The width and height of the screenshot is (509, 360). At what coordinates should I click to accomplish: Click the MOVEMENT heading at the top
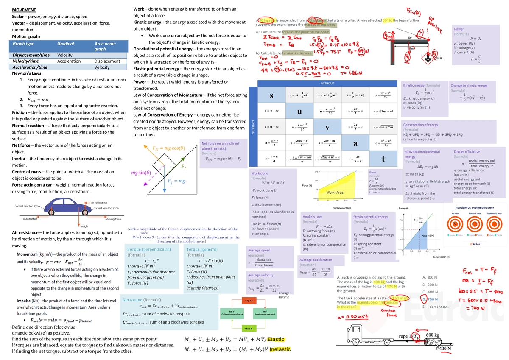[24, 10]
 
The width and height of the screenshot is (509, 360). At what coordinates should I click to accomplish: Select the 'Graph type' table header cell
[24, 44]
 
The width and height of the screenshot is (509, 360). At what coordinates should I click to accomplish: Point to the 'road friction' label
[30, 219]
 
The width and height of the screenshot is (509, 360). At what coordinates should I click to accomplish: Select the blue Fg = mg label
[176, 181]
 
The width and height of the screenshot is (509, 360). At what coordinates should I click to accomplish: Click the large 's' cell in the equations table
[271, 94]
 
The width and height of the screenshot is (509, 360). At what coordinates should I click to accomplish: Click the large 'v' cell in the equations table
[327, 127]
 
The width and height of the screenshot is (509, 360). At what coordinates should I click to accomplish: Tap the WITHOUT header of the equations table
[327, 83]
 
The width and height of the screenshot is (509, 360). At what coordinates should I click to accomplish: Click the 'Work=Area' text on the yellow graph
[335, 193]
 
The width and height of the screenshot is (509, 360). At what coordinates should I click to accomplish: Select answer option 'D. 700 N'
[430, 299]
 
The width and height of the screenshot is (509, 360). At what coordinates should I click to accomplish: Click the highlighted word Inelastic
[280, 349]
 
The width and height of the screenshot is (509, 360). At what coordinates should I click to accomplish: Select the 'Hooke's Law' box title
[312, 217]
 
